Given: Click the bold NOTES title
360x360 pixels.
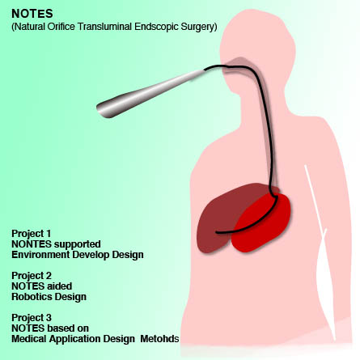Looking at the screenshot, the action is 32,14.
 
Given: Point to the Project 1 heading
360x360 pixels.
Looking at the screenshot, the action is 32,234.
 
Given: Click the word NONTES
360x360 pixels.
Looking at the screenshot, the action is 32,244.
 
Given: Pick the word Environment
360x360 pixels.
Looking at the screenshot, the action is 40,255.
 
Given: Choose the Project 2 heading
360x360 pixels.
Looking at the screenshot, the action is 32,276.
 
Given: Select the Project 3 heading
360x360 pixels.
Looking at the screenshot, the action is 32,318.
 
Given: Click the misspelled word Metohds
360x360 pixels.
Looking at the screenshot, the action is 159,339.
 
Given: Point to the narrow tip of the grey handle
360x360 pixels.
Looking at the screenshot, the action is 204,70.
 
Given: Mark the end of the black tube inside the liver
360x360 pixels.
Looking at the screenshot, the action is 216,232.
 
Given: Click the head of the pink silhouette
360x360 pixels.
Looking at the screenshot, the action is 257,46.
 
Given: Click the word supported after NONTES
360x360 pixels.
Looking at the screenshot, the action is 77,244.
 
